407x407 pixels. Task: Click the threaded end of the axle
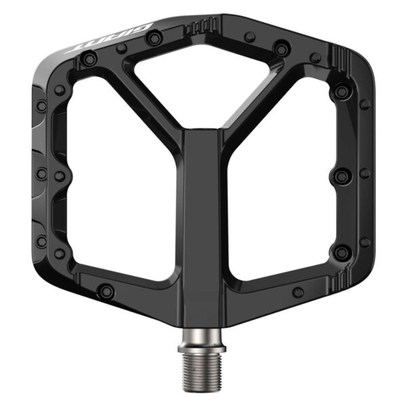pyautogui.click(x=203, y=376)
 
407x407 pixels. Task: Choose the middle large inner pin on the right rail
pyautogui.click(x=341, y=174)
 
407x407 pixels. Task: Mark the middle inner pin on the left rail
pyautogui.click(x=60, y=176)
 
